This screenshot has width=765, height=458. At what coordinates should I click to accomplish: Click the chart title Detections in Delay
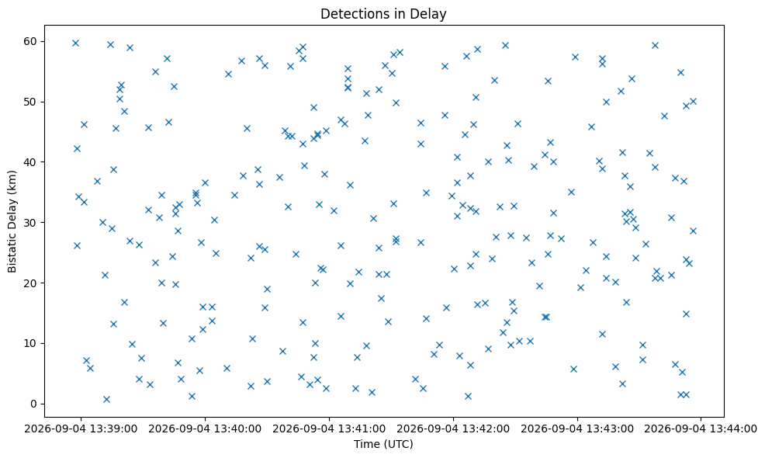click(x=383, y=14)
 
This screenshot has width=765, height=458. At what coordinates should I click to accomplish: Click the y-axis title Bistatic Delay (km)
click(x=12, y=221)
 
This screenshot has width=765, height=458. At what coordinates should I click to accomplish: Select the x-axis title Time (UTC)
click(x=383, y=444)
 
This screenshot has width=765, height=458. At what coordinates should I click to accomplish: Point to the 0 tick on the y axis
click(x=34, y=404)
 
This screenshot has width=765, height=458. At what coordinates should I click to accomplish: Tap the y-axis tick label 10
click(x=31, y=343)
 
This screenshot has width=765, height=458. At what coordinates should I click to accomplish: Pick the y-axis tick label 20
click(x=31, y=283)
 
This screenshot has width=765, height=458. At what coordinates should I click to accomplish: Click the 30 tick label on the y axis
click(x=31, y=223)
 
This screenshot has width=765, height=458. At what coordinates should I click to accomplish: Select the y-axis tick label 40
click(x=31, y=162)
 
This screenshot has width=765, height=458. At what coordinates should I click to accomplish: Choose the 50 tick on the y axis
click(x=31, y=102)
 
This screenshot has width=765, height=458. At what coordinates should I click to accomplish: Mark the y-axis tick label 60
click(x=31, y=41)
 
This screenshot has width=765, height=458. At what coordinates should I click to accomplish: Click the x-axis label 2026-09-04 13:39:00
click(x=81, y=429)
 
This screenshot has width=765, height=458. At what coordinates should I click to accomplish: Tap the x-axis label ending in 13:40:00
click(x=205, y=429)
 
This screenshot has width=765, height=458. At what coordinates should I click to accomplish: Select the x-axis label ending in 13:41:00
click(x=329, y=429)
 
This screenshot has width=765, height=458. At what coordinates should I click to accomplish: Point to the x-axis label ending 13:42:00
click(x=453, y=429)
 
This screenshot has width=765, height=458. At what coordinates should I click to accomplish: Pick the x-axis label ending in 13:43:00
click(x=577, y=429)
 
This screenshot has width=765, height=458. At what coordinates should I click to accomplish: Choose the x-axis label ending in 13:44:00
click(x=701, y=429)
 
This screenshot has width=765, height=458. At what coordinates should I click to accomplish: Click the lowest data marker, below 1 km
click(x=106, y=400)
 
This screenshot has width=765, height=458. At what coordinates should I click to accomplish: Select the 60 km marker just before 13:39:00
click(x=75, y=43)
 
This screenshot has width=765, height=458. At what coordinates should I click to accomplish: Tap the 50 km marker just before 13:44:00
click(x=693, y=102)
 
